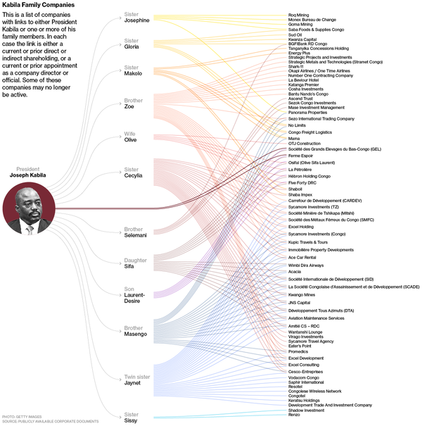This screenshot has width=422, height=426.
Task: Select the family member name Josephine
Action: click(x=137, y=20)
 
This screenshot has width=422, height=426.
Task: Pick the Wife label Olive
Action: click(x=132, y=139)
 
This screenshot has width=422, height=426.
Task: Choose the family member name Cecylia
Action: click(x=134, y=175)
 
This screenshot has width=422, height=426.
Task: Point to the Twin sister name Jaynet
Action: click(x=132, y=384)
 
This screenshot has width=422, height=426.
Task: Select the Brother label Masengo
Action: click(x=135, y=334)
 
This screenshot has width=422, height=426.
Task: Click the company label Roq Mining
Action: click(x=300, y=14)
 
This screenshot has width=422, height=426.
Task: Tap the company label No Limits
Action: click(x=298, y=125)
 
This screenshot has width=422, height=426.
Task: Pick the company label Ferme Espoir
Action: click(x=301, y=155)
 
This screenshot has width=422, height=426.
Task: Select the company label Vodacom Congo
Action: click(x=305, y=377)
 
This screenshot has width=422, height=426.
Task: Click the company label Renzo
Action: click(x=295, y=415)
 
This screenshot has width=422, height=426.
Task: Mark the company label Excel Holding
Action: click(x=301, y=227)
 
